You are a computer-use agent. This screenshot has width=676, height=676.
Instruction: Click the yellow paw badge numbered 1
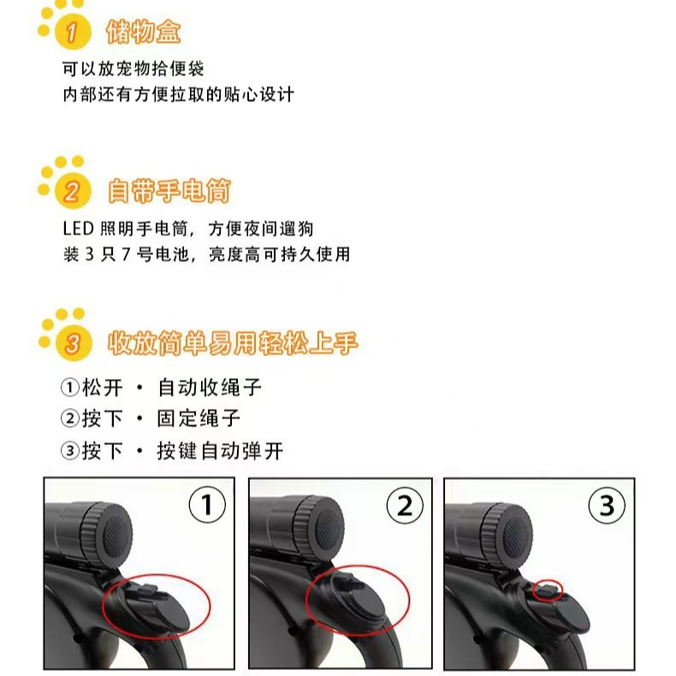73,32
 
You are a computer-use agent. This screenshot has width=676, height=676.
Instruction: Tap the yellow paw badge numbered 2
73,191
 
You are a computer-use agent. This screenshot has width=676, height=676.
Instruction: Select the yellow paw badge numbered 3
74,344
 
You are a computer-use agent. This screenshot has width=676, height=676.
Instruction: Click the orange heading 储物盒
143,32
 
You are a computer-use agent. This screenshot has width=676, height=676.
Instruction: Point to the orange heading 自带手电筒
169,191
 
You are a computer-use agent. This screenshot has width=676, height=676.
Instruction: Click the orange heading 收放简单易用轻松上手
233,343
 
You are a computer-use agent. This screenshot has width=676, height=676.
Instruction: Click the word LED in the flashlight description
79,228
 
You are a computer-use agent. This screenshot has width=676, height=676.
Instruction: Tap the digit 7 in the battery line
126,254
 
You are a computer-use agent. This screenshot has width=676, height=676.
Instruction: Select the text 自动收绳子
210,387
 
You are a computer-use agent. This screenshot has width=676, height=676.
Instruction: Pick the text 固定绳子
199,418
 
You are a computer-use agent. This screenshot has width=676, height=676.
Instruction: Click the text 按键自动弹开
220,451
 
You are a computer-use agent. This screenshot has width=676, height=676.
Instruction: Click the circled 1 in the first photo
207,504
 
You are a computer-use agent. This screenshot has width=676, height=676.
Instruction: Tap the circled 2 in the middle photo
405,505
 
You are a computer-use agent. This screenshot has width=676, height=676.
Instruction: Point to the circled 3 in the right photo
607,505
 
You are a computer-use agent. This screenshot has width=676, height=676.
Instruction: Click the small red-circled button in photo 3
548,590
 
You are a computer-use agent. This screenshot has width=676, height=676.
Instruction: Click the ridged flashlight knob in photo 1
107,533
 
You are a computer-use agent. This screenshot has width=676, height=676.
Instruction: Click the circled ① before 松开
70,387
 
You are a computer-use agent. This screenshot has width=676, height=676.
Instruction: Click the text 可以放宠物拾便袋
133,68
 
